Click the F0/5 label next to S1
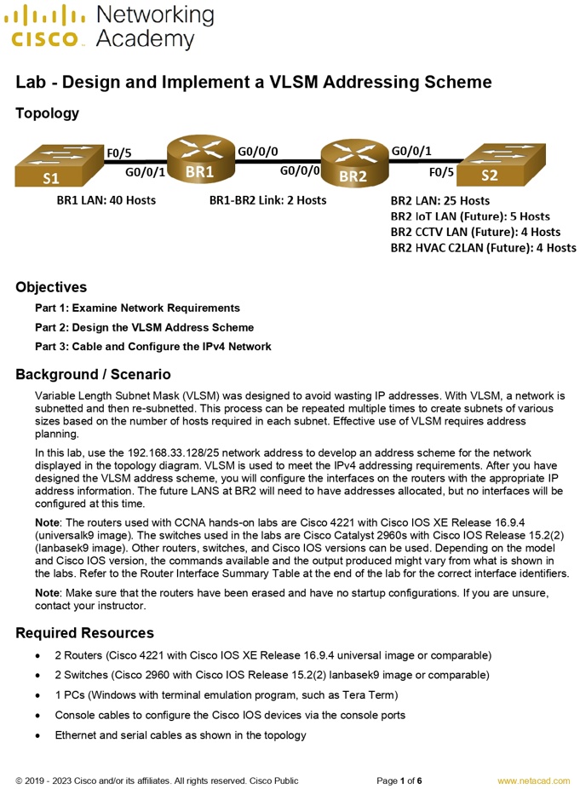coord(118,153)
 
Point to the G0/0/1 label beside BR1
coord(145,172)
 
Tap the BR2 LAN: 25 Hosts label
coord(439,201)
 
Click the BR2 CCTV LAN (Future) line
coord(475,232)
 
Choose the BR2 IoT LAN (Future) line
coord(470,216)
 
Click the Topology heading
coord(47,113)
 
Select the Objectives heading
coord(51,287)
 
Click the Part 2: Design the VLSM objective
coord(144,327)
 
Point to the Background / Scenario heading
coord(93,374)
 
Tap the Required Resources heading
coord(84,633)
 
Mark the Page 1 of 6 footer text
coord(399,780)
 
